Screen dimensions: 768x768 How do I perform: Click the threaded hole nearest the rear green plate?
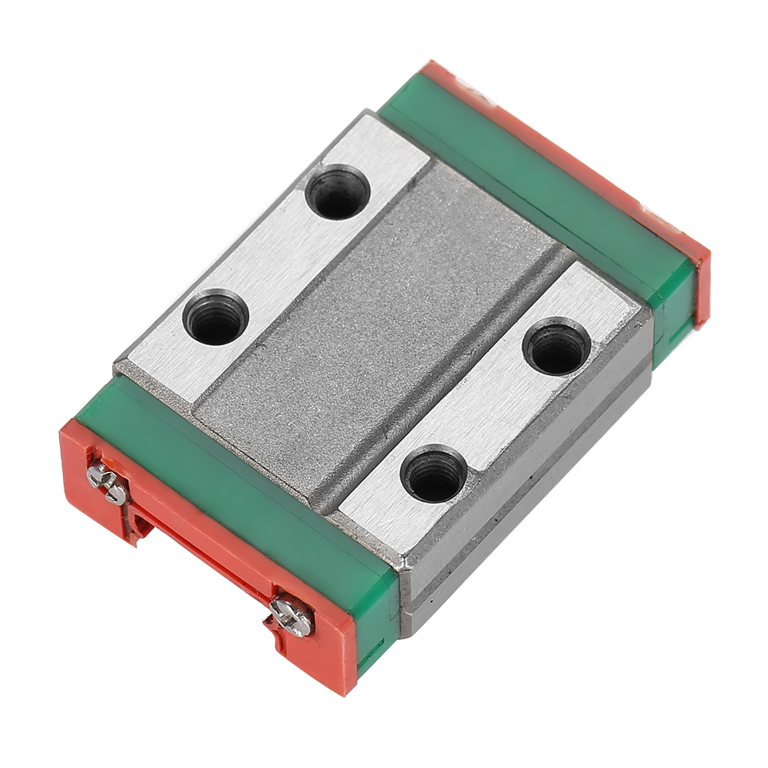(x=336, y=193)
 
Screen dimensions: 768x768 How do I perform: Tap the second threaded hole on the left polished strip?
(x=214, y=316)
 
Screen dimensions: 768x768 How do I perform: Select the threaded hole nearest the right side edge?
(x=557, y=348)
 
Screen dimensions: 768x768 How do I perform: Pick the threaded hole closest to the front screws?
(x=435, y=475)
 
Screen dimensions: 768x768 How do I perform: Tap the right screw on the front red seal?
(x=292, y=615)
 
